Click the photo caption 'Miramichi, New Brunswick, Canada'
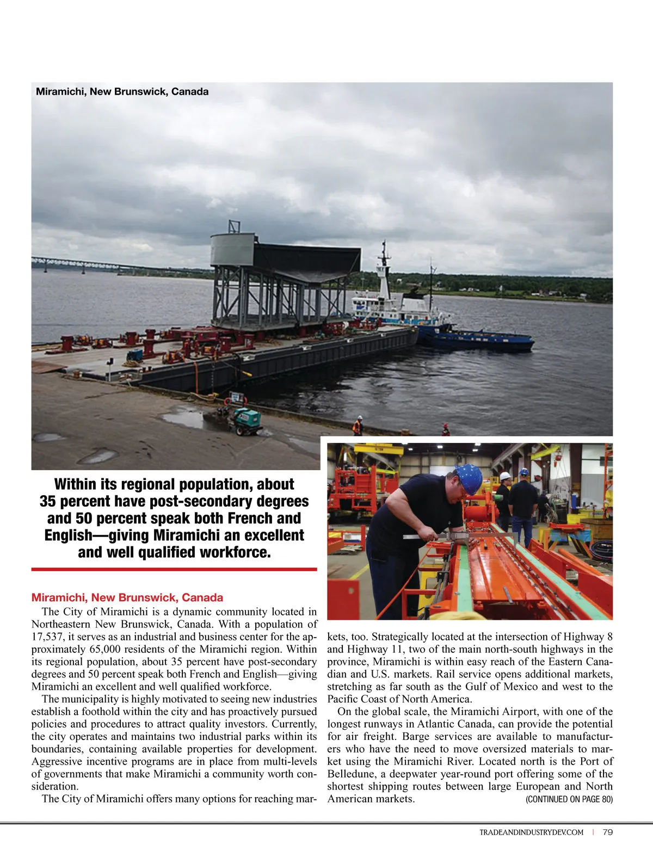coord(122,91)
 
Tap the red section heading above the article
coord(127,597)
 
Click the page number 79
coord(608,832)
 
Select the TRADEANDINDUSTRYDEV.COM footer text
coord(531,833)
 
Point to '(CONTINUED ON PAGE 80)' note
coord(569,799)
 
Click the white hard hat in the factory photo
coord(505,476)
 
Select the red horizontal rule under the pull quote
coord(174,569)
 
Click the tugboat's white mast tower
coord(385,272)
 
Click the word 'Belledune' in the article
coord(351,774)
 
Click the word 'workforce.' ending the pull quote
coord(235,552)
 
